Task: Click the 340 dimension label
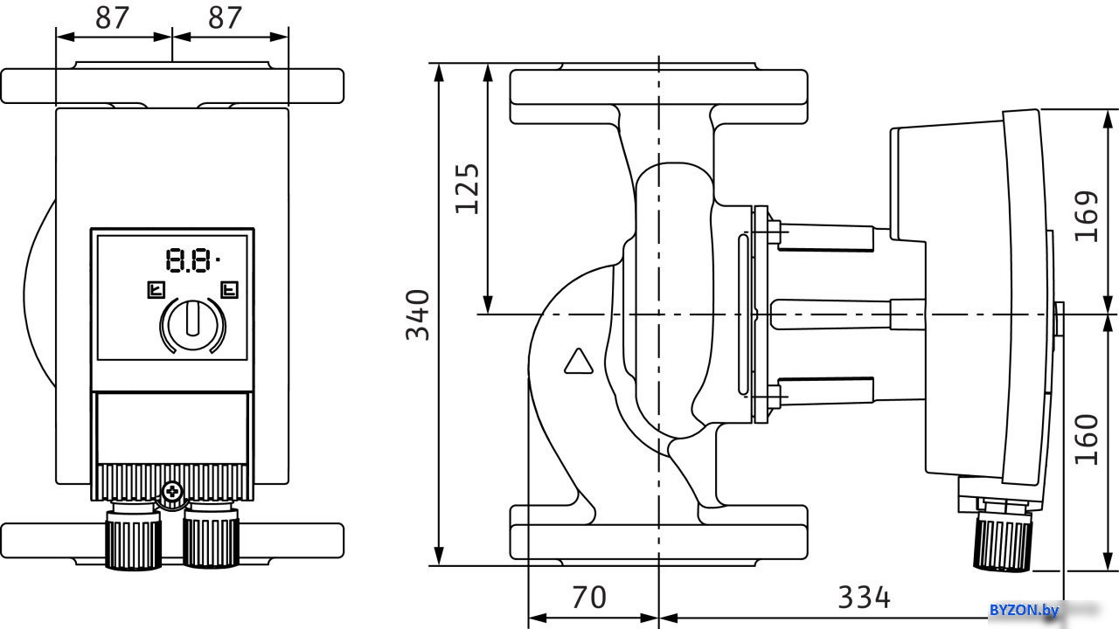pyautogui.click(x=418, y=314)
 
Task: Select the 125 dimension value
pyautogui.click(x=467, y=189)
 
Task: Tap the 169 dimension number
pyautogui.click(x=1087, y=216)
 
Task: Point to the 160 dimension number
pyautogui.click(x=1087, y=439)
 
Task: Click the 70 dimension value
pyautogui.click(x=589, y=597)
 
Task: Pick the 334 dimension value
pyautogui.click(x=864, y=597)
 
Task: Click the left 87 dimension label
pyautogui.click(x=113, y=18)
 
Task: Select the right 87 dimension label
pyautogui.click(x=225, y=18)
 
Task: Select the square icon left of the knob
pyautogui.click(x=156, y=289)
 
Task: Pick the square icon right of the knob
pyautogui.click(x=229, y=289)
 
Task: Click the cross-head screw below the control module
pyautogui.click(x=172, y=491)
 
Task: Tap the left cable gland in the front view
pyautogui.click(x=133, y=536)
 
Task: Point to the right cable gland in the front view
pyautogui.click(x=211, y=536)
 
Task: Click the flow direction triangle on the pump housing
pyautogui.click(x=579, y=361)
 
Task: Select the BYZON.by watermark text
pyautogui.click(x=1024, y=610)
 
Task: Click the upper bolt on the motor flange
pyautogui.click(x=775, y=232)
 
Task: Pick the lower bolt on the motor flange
pyautogui.click(x=775, y=397)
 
